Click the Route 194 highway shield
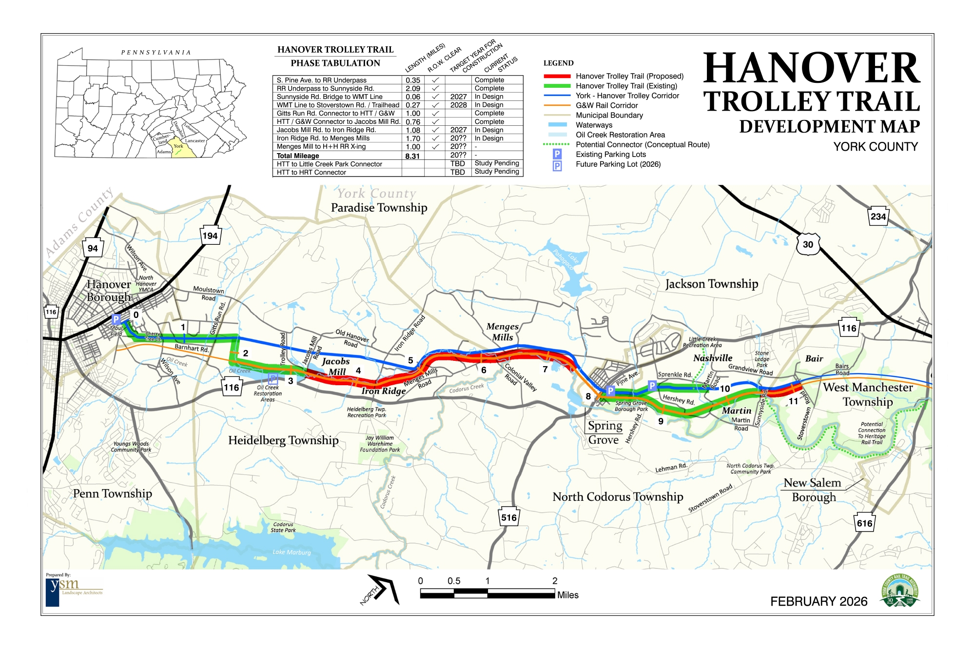210,236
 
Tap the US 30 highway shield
808,244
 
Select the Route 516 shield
508,517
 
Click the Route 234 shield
878,217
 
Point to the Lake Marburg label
292,552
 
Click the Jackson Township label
711,284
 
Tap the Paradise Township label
379,208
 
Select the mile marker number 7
545,369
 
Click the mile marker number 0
136,315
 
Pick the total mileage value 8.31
412,156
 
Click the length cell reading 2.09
412,89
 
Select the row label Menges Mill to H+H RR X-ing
321,146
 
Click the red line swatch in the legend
557,76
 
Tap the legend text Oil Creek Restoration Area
620,135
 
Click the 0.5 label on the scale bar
454,581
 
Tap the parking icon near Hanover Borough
116,319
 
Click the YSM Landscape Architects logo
73,590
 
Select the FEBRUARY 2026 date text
819,601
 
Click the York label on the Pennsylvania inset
178,146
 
